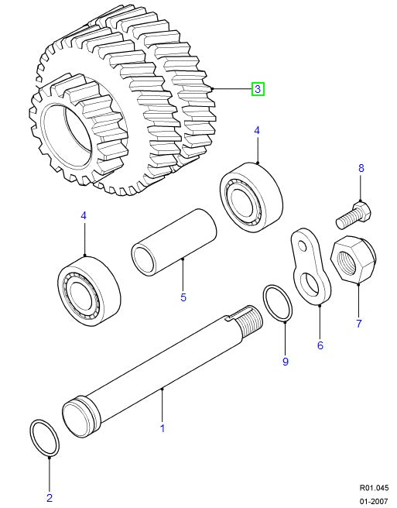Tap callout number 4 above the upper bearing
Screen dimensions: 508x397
coord(257,132)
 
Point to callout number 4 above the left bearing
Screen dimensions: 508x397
coord(84,216)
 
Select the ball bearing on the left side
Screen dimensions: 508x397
coord(90,288)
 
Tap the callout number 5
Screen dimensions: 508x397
coord(183,296)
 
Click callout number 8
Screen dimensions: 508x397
coord(360,168)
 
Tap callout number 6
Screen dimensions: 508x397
coord(320,345)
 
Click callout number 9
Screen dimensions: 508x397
coord(285,361)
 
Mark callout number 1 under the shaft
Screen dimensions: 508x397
coord(163,427)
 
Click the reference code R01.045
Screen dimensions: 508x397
coord(375,488)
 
